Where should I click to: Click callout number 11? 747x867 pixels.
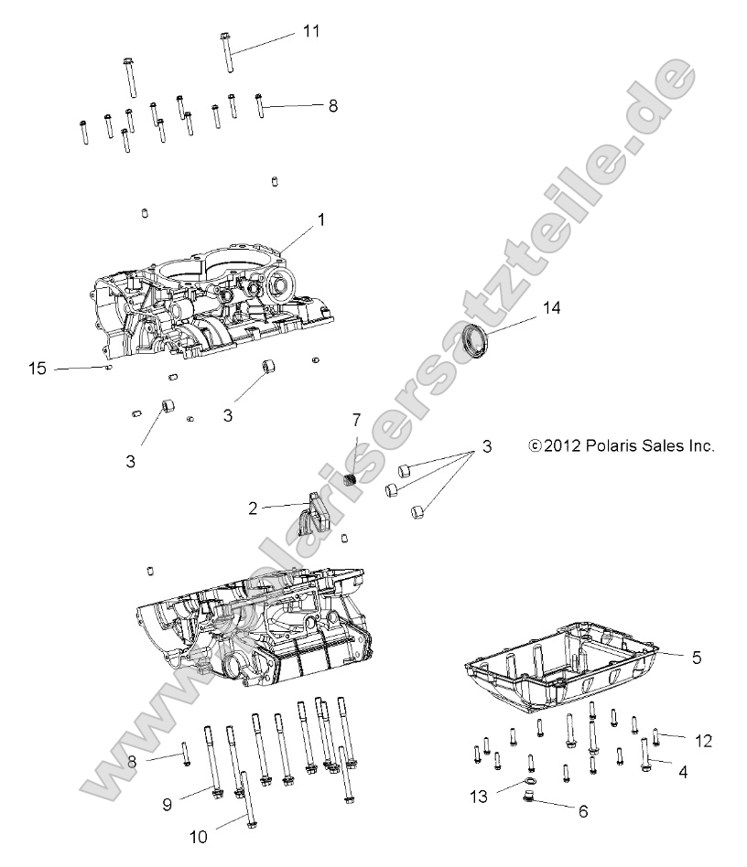coord(311,31)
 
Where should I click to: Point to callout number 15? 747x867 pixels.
coord(38,369)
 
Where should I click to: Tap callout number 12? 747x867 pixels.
coord(702,740)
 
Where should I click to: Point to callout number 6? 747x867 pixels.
coord(582,810)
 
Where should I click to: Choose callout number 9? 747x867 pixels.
coord(167,804)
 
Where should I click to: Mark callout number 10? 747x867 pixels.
coord(199,836)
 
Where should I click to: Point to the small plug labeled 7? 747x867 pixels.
coord(349,480)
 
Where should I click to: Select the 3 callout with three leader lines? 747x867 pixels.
coord(487,447)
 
